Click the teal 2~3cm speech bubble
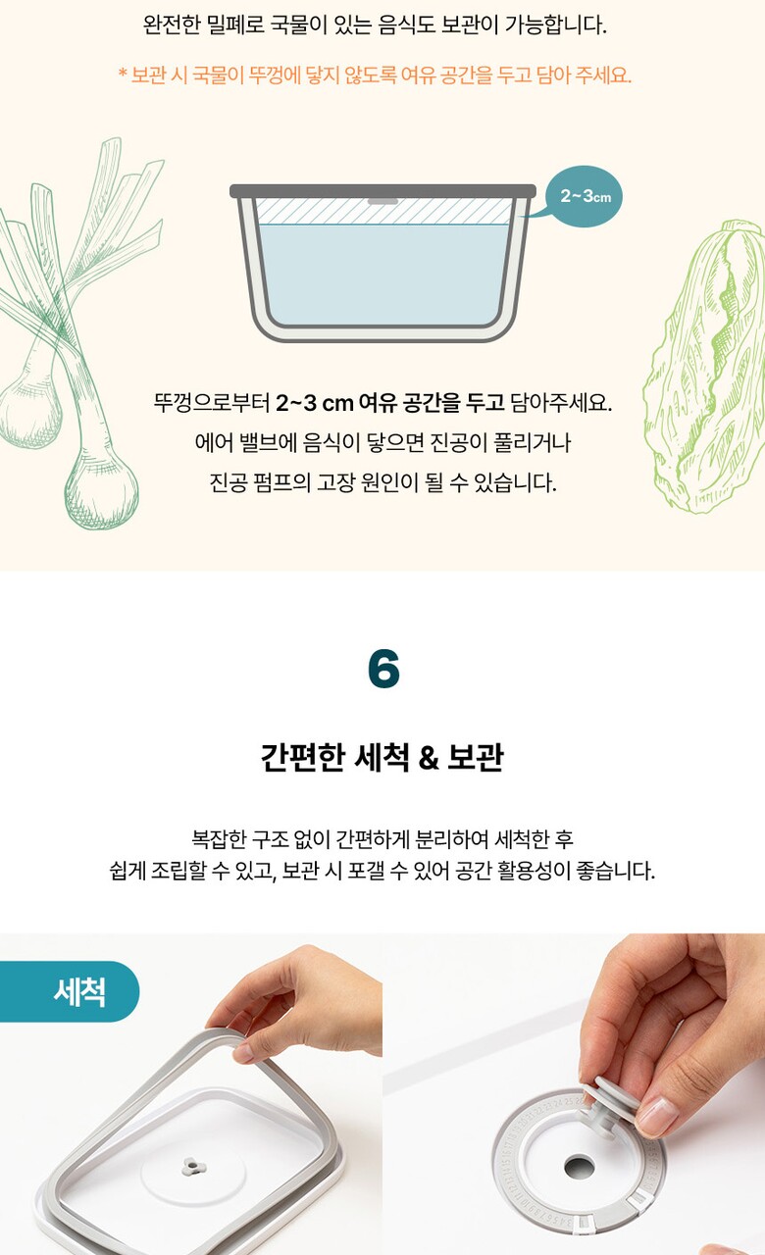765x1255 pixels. (583, 196)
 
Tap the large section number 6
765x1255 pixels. (383, 669)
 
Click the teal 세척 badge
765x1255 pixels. (69, 991)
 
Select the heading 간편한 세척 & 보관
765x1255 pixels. (382, 757)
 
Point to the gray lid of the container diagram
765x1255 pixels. (382, 190)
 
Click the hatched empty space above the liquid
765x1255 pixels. (383, 211)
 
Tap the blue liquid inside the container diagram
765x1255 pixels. (383, 275)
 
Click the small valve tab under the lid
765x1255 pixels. (382, 201)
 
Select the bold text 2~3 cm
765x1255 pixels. (315, 402)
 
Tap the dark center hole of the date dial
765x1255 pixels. (579, 1168)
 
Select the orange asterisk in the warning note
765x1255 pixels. (123, 74)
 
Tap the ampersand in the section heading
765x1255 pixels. (429, 758)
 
